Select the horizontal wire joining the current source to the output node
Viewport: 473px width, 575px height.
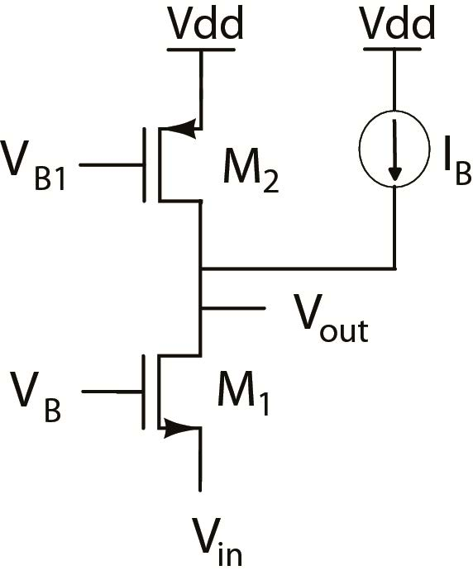(x=298, y=268)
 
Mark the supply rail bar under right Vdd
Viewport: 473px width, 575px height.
(x=396, y=49)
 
